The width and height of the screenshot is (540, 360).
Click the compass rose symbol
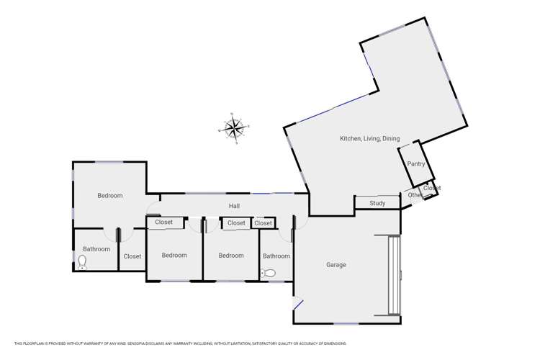pos(233,129)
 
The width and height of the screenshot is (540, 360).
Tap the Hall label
pos(235,207)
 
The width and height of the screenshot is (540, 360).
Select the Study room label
pos(377,204)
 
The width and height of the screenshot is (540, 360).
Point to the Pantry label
pos(416,164)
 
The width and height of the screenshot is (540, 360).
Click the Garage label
pos(336,265)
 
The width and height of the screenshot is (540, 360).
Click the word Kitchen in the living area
pos(351,138)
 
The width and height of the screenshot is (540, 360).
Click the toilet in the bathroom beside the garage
pos(269,273)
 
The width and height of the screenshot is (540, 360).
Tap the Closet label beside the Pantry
pos(431,188)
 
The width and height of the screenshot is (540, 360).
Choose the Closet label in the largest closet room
pos(132,256)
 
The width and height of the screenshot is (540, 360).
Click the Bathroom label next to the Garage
pos(276,256)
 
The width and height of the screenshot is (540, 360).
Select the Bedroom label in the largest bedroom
pos(110,196)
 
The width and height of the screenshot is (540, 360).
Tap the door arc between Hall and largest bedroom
pos(153,212)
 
